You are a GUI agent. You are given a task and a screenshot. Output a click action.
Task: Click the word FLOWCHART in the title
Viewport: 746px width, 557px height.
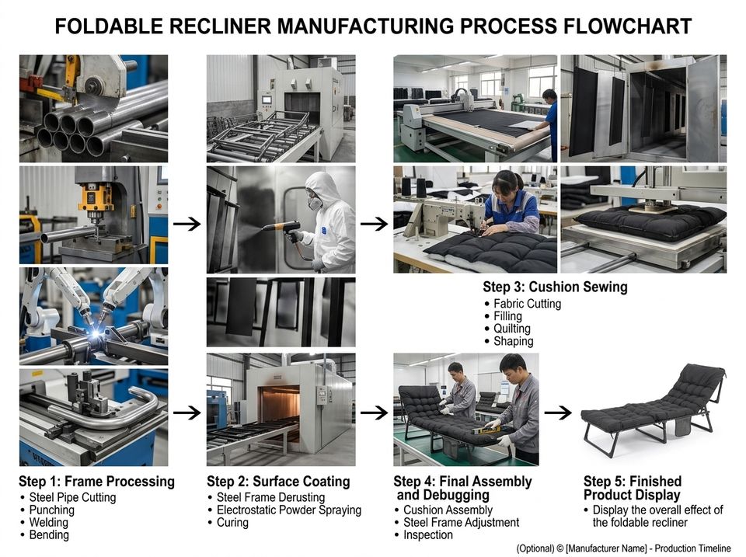click(626, 26)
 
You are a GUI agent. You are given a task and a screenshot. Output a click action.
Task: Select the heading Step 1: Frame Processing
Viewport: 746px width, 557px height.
click(96, 482)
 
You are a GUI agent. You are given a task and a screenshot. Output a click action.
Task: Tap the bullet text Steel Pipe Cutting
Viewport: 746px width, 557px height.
click(72, 497)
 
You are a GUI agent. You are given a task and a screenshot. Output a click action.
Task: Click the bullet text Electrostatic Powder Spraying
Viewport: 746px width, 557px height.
click(289, 510)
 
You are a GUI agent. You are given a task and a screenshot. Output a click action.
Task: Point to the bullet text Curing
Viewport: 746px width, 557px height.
click(232, 523)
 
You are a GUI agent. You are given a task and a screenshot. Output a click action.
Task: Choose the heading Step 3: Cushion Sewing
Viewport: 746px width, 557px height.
click(555, 287)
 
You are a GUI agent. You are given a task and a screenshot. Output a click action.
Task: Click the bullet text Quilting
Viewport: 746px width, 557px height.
click(511, 329)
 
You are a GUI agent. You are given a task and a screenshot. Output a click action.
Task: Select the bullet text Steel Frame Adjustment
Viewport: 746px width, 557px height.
click(461, 522)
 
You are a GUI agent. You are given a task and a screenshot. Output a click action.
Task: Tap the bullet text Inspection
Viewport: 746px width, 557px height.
click(427, 534)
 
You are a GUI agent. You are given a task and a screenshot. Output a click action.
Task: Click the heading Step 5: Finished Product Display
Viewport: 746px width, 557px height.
click(633, 488)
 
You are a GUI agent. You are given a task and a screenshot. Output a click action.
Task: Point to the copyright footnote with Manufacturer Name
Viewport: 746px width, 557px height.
click(623, 548)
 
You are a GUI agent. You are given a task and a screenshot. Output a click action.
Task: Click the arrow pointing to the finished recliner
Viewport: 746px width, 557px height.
click(558, 413)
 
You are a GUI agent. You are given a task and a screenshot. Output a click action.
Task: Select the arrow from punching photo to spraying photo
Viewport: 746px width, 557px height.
click(187, 224)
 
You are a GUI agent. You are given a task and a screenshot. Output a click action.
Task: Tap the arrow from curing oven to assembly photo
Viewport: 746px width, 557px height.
click(374, 413)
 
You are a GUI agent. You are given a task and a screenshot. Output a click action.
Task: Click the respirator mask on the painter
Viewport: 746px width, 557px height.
click(314, 202)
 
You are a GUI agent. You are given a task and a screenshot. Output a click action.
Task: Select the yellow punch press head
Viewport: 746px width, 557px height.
click(96, 198)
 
